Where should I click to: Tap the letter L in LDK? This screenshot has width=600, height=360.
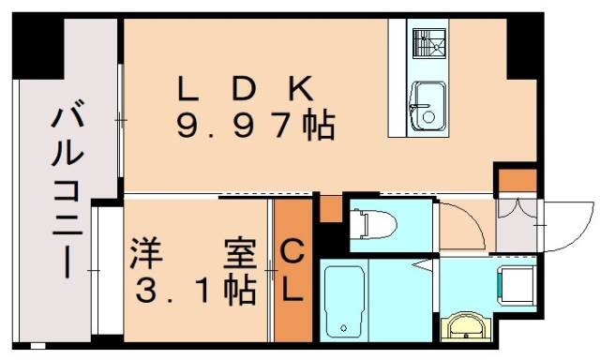pyautogui.click(x=189, y=89)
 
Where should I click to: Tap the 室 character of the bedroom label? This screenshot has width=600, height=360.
pyautogui.click(x=238, y=254)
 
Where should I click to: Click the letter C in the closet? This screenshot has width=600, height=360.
pyautogui.click(x=292, y=252)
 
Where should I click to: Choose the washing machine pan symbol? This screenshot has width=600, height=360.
pyautogui.click(x=516, y=281)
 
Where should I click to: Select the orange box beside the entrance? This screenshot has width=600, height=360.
pyautogui.click(x=516, y=178)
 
